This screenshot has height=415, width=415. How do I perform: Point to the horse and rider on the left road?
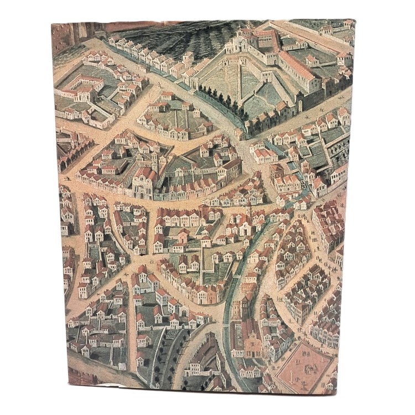tap(68, 179)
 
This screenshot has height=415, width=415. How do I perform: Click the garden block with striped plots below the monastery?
tap(166, 119)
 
